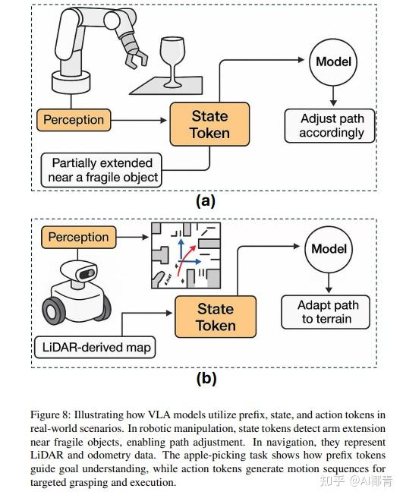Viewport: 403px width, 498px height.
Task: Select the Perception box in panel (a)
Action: tap(74, 120)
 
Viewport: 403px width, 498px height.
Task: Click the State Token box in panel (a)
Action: tap(209, 124)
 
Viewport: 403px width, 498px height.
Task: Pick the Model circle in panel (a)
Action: tap(333, 62)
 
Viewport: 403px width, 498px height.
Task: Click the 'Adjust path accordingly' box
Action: tap(329, 126)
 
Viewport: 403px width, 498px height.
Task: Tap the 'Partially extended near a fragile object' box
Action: tap(101, 170)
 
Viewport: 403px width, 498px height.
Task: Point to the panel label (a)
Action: tap(206, 201)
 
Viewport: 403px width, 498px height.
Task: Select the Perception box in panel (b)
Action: tap(79, 238)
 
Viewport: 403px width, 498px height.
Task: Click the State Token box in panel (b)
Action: tap(216, 317)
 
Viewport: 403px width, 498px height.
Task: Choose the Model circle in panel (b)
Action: tap(329, 249)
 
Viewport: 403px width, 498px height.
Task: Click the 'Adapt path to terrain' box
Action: tap(326, 312)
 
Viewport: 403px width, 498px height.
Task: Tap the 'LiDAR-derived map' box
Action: tap(95, 348)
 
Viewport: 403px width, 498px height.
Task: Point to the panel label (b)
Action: tap(206, 378)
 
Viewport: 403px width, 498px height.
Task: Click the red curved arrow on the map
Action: tap(184, 259)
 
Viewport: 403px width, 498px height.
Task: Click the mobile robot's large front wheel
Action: tap(54, 310)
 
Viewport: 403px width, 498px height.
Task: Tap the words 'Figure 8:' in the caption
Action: tap(50, 415)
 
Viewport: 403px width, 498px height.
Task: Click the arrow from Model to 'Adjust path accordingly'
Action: tap(333, 96)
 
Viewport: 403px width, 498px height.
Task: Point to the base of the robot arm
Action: tap(71, 83)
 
